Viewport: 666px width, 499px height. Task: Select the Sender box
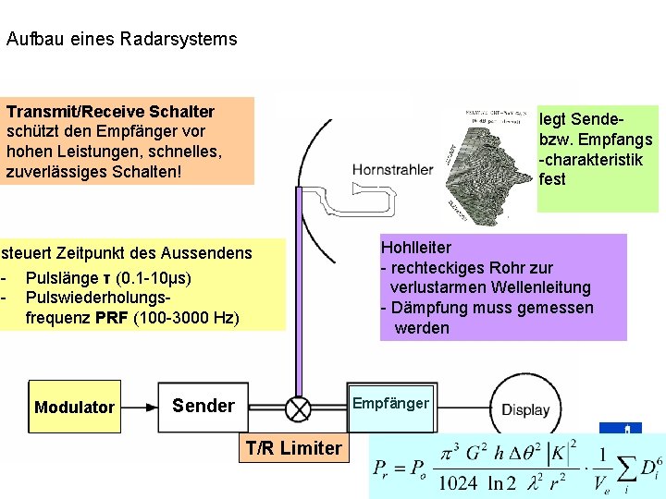203,406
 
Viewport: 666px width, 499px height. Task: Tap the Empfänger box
390,404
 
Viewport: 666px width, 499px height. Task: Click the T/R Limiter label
292,449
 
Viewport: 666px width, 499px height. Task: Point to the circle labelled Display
524,409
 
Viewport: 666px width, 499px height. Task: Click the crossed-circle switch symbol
298,407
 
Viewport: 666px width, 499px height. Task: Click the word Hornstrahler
391,170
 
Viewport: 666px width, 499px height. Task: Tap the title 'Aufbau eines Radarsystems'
121,40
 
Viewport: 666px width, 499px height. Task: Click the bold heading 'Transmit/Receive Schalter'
110,112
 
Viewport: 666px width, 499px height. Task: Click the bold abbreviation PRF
113,319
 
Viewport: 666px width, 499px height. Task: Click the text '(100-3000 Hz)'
186,319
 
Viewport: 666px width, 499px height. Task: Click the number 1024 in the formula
456,482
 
